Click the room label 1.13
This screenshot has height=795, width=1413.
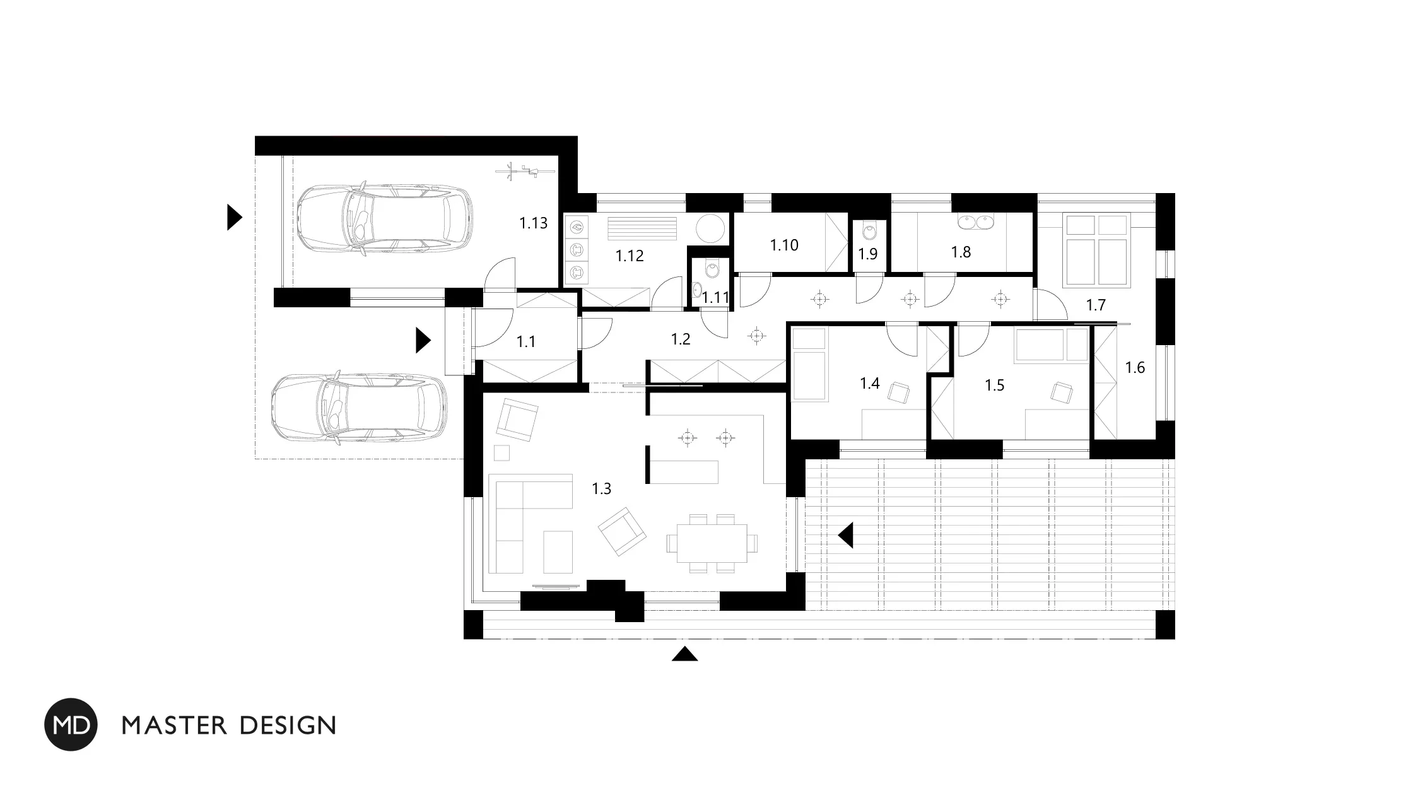[533, 223]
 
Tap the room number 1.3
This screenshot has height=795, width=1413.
[601, 488]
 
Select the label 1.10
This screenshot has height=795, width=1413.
[784, 245]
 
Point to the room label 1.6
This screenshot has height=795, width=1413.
[1135, 367]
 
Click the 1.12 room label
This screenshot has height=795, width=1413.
[630, 256]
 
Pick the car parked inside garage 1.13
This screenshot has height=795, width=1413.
[384, 218]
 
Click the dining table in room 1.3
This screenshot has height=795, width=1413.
[712, 543]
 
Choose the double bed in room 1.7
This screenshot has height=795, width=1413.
[1096, 250]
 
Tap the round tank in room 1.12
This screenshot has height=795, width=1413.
[712, 228]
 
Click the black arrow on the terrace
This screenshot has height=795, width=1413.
[846, 535]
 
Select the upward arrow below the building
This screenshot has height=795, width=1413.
[684, 654]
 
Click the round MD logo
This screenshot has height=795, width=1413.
[71, 724]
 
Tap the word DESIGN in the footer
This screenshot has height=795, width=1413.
[288, 726]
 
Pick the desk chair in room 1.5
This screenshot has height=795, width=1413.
[1062, 392]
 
